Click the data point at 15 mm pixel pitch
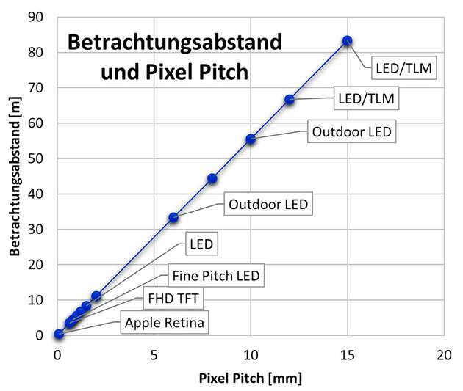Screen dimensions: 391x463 coord(347,41)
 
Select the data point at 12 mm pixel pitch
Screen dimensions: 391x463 coord(290,100)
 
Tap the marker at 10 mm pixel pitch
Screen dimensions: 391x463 coord(251,139)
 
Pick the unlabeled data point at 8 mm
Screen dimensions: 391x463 coord(212,178)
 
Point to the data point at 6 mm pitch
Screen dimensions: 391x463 coord(173,217)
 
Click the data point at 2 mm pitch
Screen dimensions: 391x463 coord(96,296)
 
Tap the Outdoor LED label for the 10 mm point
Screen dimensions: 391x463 coord(352,132)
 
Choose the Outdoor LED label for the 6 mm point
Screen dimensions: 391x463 coord(268,204)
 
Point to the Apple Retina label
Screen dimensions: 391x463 coord(165,323)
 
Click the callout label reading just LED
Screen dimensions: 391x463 coord(200,244)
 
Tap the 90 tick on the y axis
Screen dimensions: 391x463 coord(45,17)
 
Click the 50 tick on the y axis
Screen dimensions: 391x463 coord(45,158)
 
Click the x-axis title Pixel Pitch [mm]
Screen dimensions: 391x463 coord(251,379)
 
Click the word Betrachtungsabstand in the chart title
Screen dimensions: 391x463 coord(174,41)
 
